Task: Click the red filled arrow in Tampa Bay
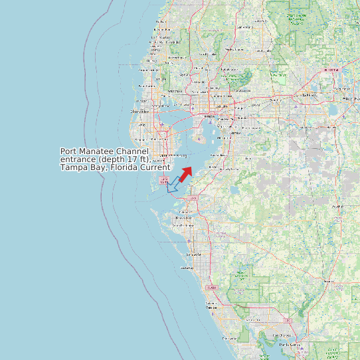tap(185, 174)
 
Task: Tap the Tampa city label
tap(209, 116)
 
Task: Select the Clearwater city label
tap(139, 112)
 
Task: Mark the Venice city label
tap(211, 307)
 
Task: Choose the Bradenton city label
tap(182, 218)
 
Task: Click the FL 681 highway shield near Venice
tap(211, 288)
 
